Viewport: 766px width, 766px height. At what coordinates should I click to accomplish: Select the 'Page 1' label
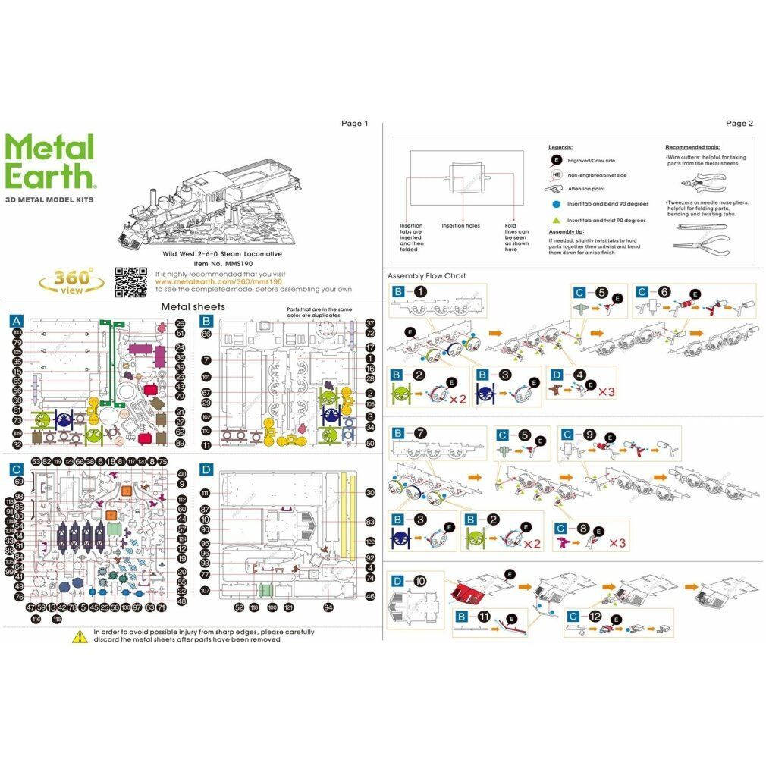pyautogui.click(x=354, y=123)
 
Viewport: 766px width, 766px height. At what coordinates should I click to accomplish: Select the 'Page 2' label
pyautogui.click(x=739, y=123)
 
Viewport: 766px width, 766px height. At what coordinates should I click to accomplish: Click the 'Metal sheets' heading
pyautogui.click(x=193, y=307)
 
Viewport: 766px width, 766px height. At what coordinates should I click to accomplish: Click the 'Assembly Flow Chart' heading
pyautogui.click(x=426, y=276)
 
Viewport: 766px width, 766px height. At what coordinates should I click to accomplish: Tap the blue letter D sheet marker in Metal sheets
pyautogui.click(x=206, y=469)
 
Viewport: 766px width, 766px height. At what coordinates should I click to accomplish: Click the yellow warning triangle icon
pyautogui.click(x=80, y=636)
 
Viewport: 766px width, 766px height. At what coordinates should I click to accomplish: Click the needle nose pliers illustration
pyautogui.click(x=702, y=245)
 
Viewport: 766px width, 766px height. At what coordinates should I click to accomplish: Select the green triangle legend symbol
pyautogui.click(x=556, y=221)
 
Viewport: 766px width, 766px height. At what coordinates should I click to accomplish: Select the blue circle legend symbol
pyautogui.click(x=556, y=204)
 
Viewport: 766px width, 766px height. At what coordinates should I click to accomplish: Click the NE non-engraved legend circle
pyautogui.click(x=556, y=174)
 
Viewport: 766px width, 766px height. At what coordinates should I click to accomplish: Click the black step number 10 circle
pyautogui.click(x=420, y=580)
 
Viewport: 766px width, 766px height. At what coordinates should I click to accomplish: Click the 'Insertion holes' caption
pyautogui.click(x=460, y=226)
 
